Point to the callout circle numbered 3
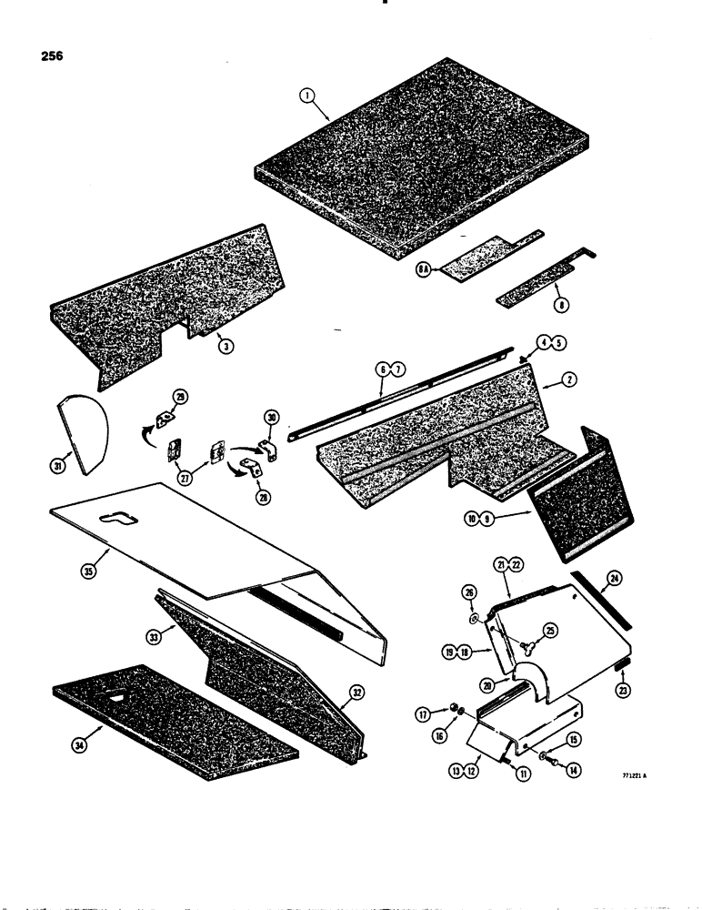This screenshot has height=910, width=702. coord(223,348)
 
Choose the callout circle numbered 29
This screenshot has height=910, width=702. coord(181,397)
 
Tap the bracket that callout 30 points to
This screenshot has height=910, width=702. coord(266,450)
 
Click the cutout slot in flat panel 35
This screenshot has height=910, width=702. coord(124,519)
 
